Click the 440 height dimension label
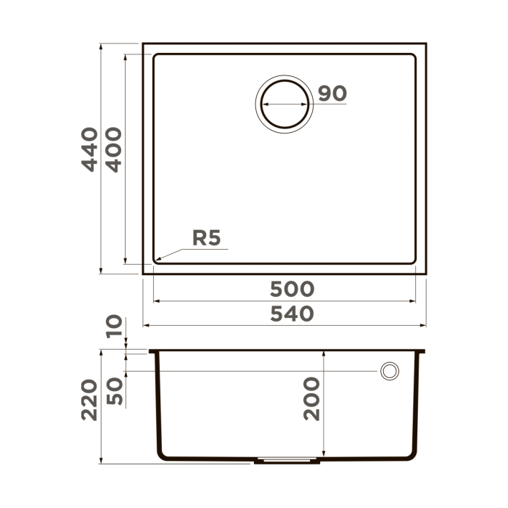click(89, 149)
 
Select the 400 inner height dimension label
click(113, 149)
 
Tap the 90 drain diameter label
click(332, 94)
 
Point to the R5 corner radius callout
click(206, 237)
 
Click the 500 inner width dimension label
click(292, 289)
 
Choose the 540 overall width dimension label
click(292, 314)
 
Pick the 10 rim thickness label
click(113, 327)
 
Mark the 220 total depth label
click(89, 399)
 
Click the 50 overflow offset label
click(113, 391)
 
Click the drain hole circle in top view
click(284, 104)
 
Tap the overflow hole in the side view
click(390, 371)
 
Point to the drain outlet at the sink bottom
click(287, 460)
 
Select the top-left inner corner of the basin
click(155, 55)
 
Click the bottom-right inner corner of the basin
click(414, 262)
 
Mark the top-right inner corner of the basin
click(414, 55)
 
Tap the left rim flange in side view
click(153, 352)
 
